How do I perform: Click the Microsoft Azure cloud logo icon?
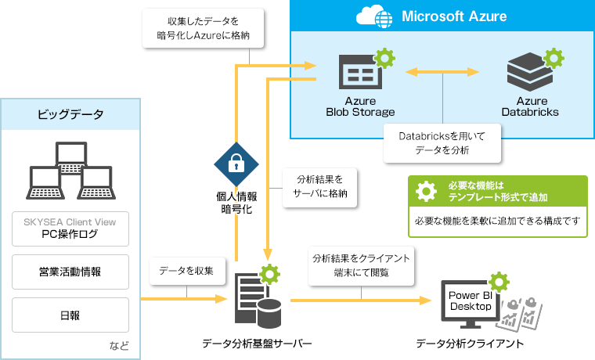coord(373,16)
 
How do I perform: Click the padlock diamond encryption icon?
coord(236,164)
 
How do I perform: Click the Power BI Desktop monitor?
coord(469,301)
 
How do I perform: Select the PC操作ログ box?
coord(70,228)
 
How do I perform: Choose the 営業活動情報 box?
coord(70,272)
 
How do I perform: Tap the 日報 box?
coord(70,315)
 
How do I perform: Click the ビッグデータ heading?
coord(70,114)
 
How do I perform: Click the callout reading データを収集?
coord(186,270)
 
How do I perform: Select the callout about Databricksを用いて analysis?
coord(442,143)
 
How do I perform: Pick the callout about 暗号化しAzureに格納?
coord(202,28)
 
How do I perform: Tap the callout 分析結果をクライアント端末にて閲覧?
coord(361,265)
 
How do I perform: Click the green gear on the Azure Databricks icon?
coord(554,57)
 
